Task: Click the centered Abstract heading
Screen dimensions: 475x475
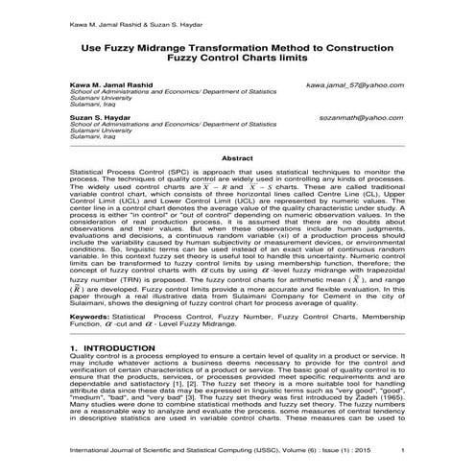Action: (x=236, y=157)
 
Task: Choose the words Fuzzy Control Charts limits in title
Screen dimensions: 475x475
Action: (x=236, y=59)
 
